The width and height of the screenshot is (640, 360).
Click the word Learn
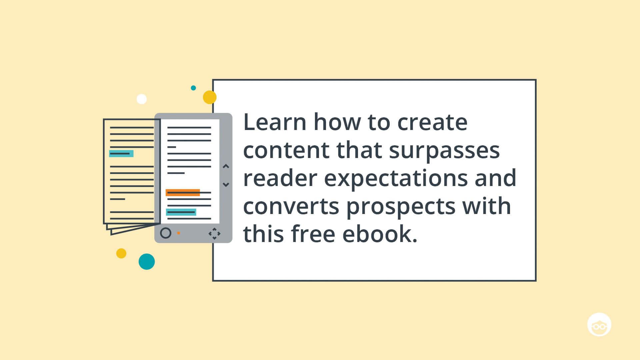275,122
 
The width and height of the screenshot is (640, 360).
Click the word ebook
380,234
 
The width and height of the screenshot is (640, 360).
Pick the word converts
291,207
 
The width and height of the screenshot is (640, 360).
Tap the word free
313,234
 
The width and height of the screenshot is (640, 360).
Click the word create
432,123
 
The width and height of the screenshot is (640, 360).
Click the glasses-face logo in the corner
599,325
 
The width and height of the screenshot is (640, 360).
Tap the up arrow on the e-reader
226,166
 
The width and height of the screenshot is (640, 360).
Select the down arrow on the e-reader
226,184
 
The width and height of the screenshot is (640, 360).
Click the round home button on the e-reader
166,233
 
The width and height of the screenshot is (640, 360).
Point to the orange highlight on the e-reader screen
183,192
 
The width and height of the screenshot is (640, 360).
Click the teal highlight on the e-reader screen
181,212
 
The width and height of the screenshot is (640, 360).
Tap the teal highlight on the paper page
121,153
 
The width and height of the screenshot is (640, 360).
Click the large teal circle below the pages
147,262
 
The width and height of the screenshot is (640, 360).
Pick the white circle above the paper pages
142,99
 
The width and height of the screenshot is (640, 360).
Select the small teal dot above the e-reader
193,88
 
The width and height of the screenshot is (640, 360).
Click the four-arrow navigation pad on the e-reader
214,234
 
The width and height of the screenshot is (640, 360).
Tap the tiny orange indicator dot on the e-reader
178,233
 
